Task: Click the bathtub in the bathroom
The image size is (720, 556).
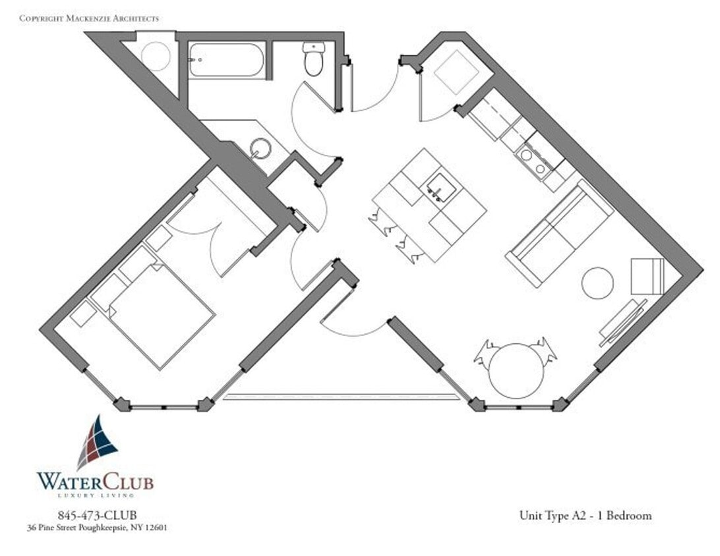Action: (x=226, y=61)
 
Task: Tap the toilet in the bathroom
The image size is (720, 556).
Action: (x=313, y=61)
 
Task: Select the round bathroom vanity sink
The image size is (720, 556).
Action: (x=260, y=148)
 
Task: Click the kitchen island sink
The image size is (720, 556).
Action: (x=440, y=188)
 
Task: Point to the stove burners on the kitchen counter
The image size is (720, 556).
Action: (x=533, y=162)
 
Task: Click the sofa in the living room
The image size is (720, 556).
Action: (x=559, y=234)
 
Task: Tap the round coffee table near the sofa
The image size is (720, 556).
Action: (x=597, y=283)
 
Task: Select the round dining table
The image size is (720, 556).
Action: (x=516, y=371)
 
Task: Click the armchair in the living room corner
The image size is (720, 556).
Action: (x=647, y=276)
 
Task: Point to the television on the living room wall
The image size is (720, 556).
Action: (x=622, y=322)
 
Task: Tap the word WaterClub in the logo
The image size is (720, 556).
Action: (x=95, y=481)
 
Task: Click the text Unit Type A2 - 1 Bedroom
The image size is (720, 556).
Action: (x=585, y=515)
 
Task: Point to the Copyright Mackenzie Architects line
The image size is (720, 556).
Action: (x=88, y=18)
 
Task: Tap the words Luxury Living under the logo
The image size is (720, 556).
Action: (x=96, y=494)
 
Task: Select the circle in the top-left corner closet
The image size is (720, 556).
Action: (x=156, y=56)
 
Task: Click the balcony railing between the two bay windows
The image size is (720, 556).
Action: (x=342, y=397)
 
